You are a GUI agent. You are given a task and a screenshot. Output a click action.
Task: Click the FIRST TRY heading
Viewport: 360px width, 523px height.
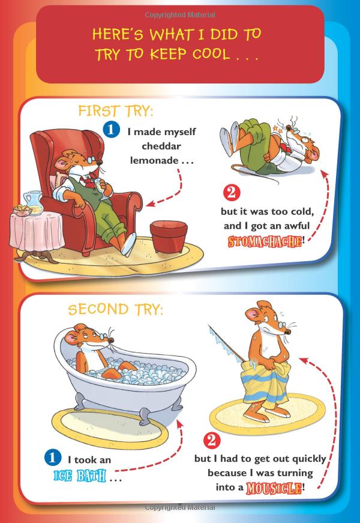coord(116,112)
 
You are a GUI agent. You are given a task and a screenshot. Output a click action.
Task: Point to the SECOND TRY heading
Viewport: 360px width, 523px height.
coord(115,309)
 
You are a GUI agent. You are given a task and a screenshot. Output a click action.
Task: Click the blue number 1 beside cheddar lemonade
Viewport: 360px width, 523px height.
coord(110,128)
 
